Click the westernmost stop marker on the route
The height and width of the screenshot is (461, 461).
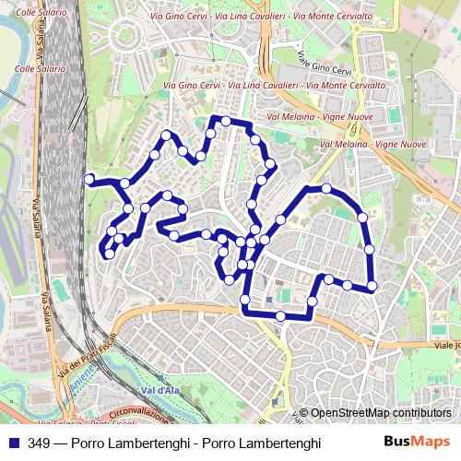tap(89, 179)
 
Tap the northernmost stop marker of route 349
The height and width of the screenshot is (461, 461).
tap(225, 120)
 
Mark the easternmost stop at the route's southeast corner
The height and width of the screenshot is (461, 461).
tap(372, 286)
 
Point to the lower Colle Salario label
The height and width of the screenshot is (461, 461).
tap(37, 68)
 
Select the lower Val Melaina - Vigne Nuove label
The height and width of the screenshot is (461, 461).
tap(372, 145)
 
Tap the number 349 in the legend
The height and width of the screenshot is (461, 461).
tap(39, 443)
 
